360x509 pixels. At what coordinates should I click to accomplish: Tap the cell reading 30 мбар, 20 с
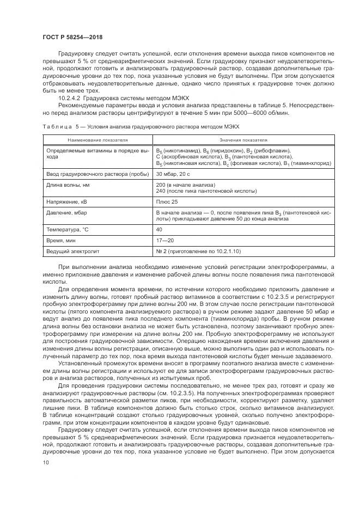174,174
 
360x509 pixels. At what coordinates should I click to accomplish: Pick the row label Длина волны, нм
66,185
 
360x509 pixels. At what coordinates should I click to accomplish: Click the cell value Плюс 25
166,202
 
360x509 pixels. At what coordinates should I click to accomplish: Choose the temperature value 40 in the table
159,230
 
